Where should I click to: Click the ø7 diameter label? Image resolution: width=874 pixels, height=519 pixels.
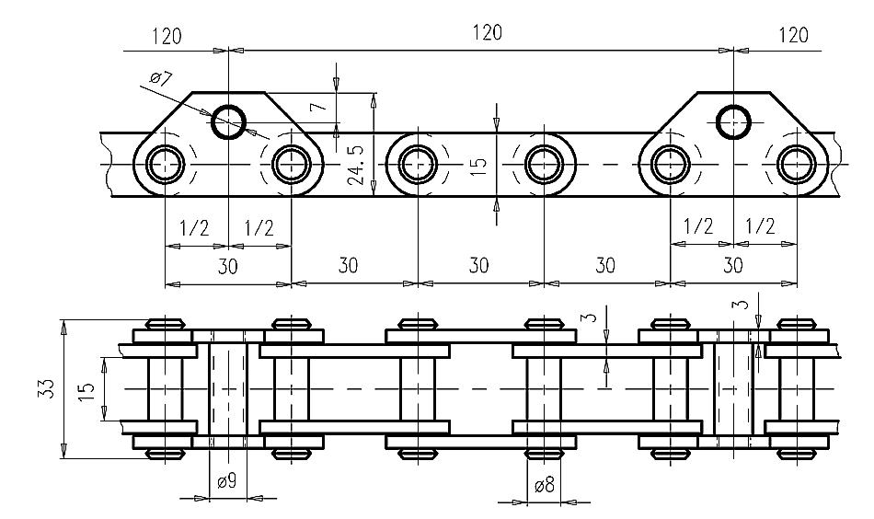pos(160,78)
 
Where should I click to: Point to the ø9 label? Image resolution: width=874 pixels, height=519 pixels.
pos(227,480)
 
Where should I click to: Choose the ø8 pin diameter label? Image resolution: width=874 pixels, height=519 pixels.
pos(544,485)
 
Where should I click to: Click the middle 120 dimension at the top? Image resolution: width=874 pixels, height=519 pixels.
pos(488,33)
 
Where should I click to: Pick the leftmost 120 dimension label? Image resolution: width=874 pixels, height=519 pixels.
pos(167,36)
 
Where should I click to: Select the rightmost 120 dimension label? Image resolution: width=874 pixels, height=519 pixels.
pos(793,35)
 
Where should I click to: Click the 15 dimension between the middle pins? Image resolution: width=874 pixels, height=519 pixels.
pos(478,165)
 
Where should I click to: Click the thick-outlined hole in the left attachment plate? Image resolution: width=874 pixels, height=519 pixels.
pos(228,121)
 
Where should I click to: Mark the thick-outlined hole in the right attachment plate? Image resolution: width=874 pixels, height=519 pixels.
pos(733,121)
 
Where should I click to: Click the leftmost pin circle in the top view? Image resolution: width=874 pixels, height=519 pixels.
pos(165,165)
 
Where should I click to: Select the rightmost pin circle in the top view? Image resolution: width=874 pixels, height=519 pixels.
pos(797,165)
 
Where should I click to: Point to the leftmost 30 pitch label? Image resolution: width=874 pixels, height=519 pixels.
pos(227,267)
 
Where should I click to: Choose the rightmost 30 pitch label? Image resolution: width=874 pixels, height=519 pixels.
pos(733,265)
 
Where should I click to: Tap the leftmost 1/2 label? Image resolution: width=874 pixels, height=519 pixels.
pos(194,228)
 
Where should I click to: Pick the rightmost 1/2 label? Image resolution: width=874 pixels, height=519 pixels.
pos(760,226)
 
